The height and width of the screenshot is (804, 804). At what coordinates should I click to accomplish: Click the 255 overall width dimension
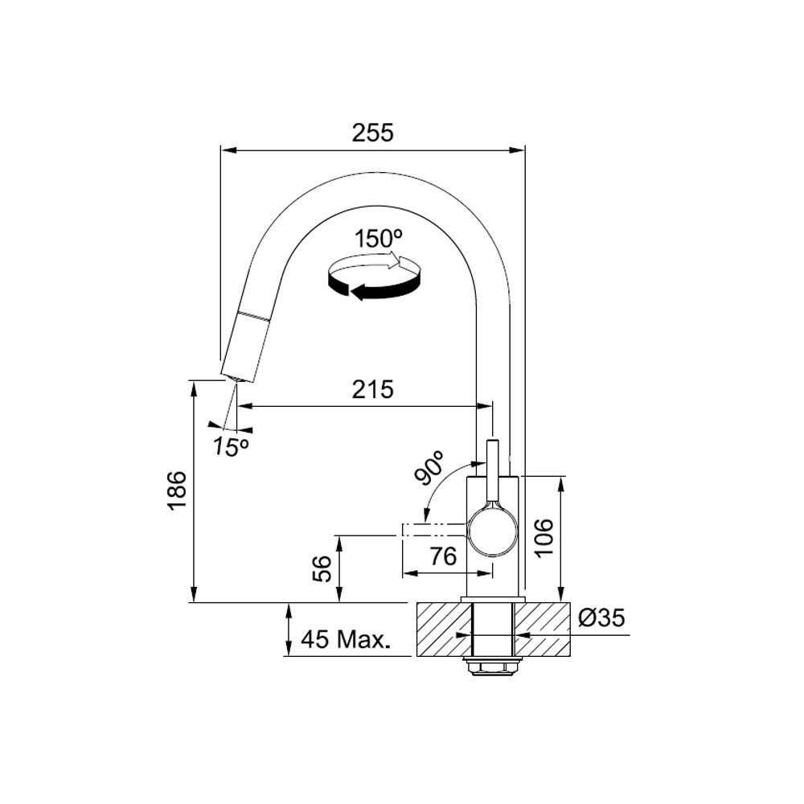(x=373, y=133)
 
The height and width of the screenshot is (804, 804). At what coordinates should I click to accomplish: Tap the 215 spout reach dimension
(x=373, y=390)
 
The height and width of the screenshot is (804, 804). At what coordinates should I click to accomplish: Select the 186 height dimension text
(x=178, y=490)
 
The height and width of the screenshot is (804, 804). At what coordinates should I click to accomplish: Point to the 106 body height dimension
(x=544, y=537)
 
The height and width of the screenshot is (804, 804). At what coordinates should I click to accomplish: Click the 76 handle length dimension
(x=443, y=556)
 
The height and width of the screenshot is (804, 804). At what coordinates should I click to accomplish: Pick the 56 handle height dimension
(x=323, y=568)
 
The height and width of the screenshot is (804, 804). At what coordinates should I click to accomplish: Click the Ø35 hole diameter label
(x=601, y=618)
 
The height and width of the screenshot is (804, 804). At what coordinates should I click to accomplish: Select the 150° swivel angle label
(x=379, y=239)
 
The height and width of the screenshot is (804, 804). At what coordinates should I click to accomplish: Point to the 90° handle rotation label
(x=429, y=468)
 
